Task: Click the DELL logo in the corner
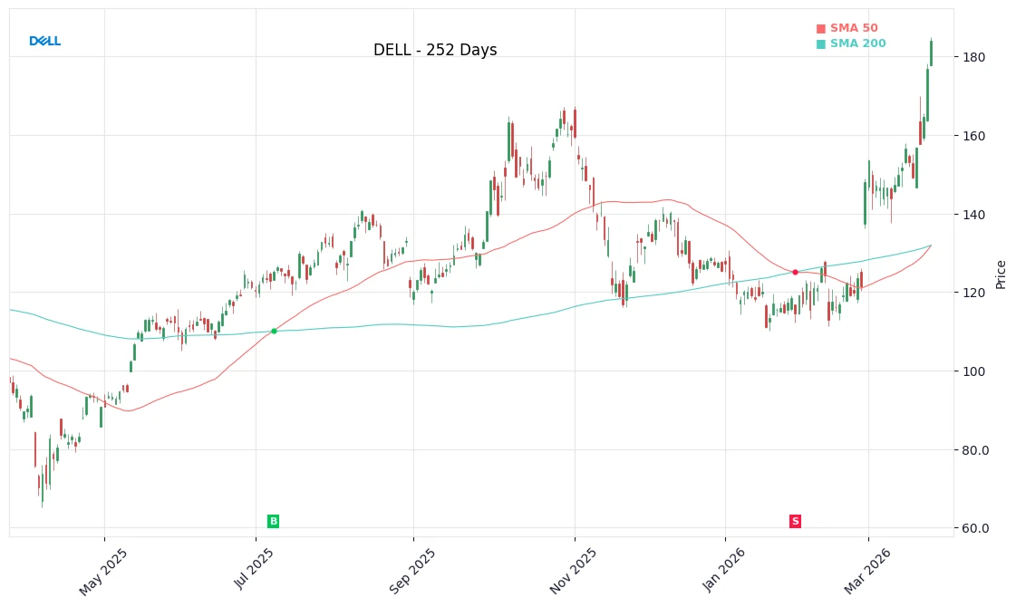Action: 44,42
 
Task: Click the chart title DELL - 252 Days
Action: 435,51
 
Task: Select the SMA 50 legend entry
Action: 847,29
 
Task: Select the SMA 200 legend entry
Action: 851,44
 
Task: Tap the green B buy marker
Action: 273,521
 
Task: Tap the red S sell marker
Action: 795,521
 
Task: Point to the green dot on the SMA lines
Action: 274,331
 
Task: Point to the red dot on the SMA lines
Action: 795,272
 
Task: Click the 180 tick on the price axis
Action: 974,57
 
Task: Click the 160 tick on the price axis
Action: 974,136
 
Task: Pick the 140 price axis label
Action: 974,215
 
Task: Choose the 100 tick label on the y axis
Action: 974,371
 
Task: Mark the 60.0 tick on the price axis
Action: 974,528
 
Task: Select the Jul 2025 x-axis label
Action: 254,570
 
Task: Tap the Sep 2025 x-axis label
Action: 412,572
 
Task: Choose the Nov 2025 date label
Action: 573,572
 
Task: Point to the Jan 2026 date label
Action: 724,572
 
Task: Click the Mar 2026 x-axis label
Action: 867,572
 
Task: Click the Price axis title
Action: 1001,274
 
